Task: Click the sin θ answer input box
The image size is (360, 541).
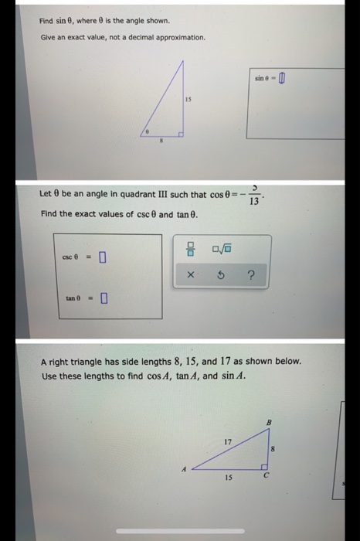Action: [282, 78]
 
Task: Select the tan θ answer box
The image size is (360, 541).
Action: [103, 297]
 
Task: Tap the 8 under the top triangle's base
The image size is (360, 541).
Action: [161, 142]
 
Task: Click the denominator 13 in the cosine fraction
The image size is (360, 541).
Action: [254, 202]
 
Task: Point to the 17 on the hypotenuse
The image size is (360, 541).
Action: [227, 441]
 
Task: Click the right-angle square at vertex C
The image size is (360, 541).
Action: [263, 467]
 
